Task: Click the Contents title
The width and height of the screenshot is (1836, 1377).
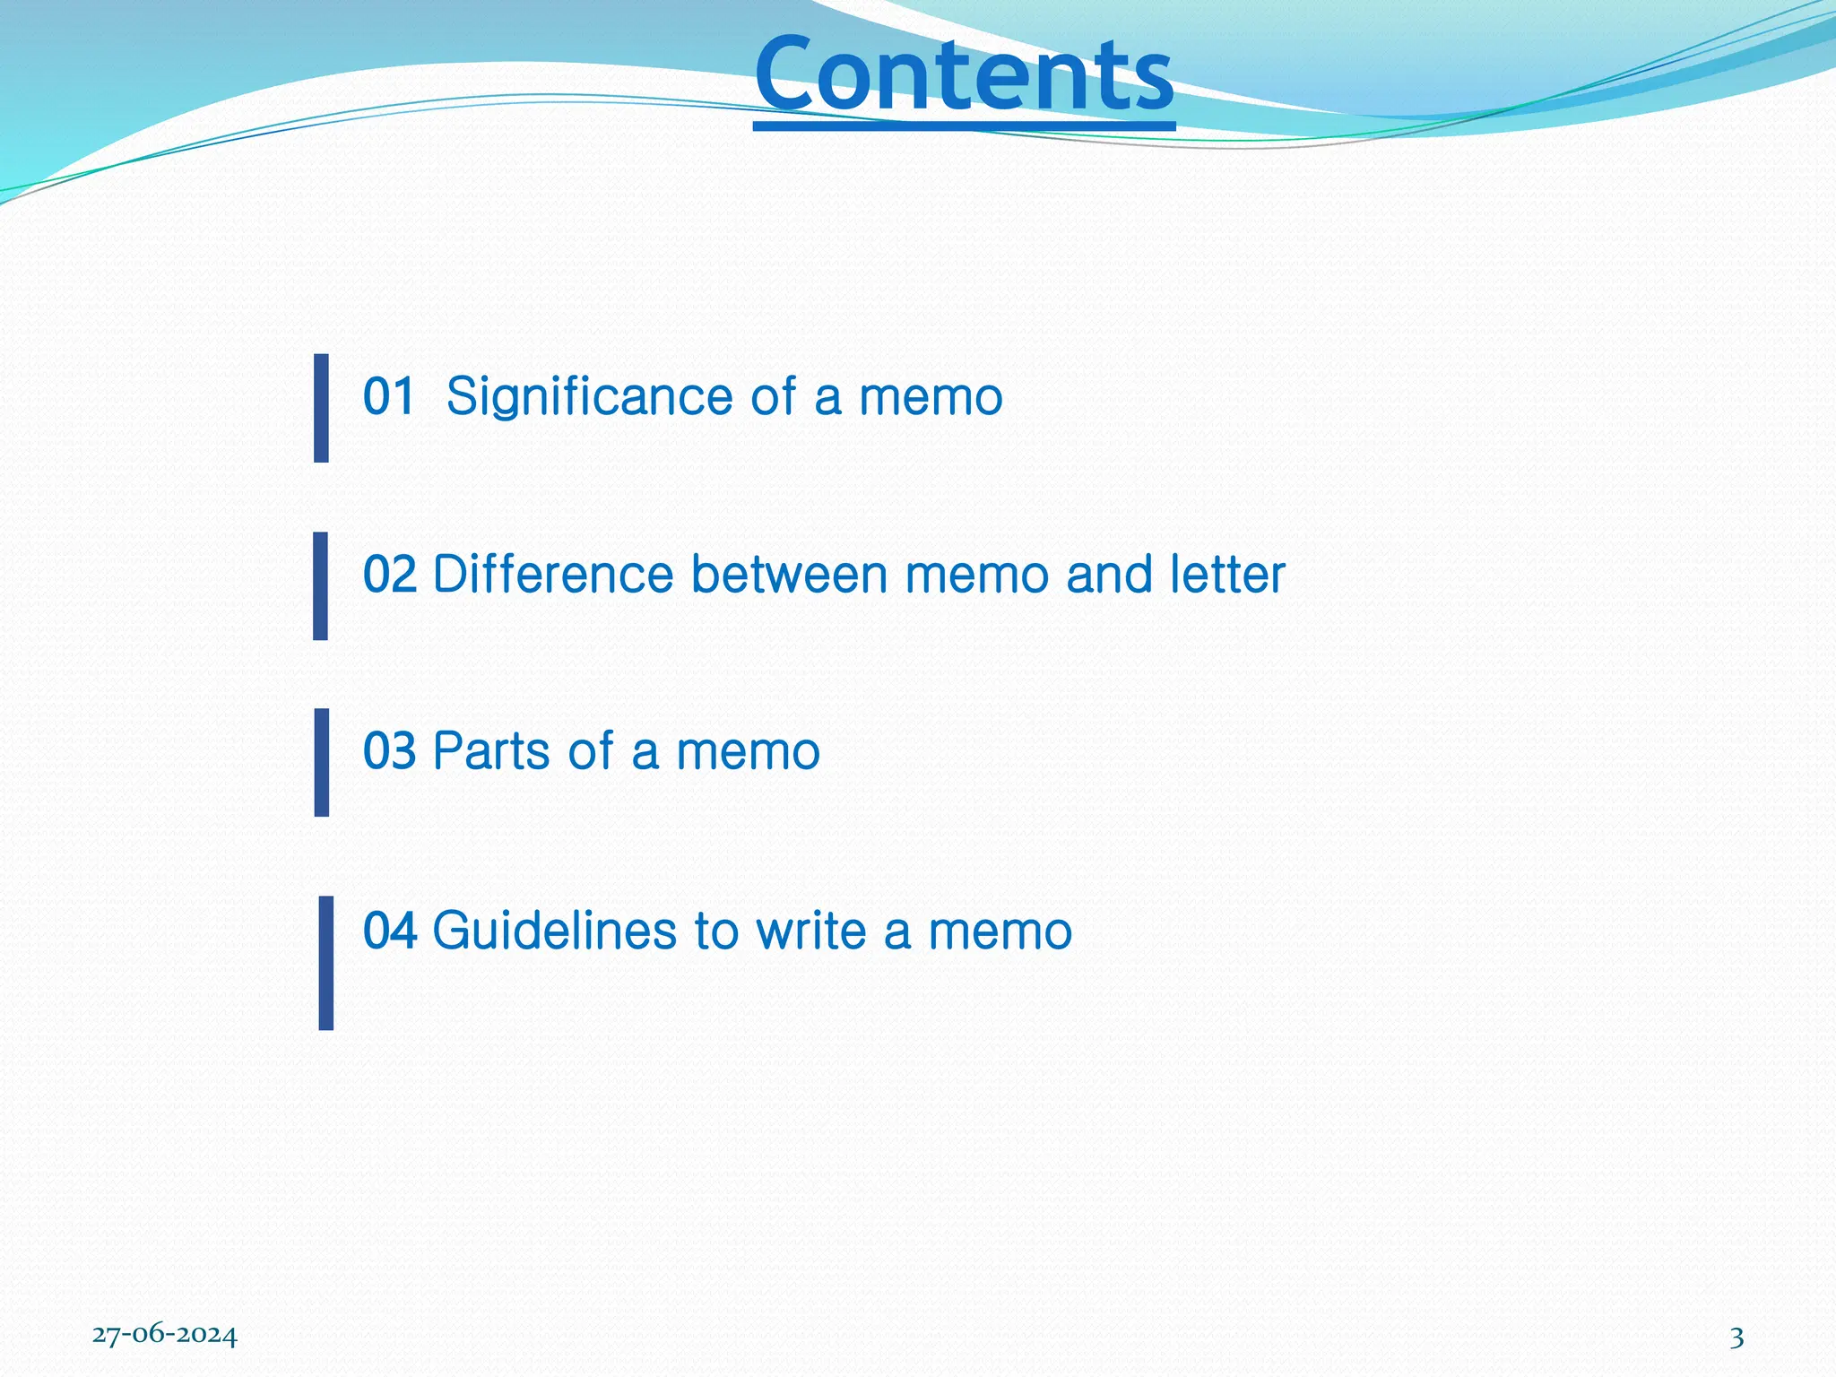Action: pyautogui.click(x=964, y=75)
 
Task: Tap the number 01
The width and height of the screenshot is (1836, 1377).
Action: pyautogui.click(x=389, y=396)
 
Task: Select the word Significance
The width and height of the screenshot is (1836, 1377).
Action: pyautogui.click(x=589, y=397)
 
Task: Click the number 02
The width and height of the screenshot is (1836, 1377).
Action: pyautogui.click(x=389, y=574)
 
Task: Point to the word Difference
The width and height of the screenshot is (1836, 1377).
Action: pyautogui.click(x=552, y=574)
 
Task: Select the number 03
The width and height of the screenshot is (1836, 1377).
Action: pyautogui.click(x=389, y=750)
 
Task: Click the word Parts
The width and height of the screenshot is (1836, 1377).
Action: pyautogui.click(x=491, y=750)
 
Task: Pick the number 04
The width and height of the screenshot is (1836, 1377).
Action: pyautogui.click(x=389, y=930)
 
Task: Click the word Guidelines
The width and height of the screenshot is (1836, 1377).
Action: pyautogui.click(x=554, y=931)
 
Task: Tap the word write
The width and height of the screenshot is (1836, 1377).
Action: pyautogui.click(x=810, y=930)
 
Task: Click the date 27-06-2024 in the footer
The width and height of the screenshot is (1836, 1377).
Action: pyautogui.click(x=165, y=1336)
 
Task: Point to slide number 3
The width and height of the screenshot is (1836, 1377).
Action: pyautogui.click(x=1736, y=1338)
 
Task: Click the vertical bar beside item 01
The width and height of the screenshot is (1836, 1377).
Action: pyautogui.click(x=321, y=408)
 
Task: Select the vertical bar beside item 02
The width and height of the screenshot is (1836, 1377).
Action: pyautogui.click(x=320, y=585)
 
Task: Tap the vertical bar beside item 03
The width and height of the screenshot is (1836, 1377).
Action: pyautogui.click(x=321, y=762)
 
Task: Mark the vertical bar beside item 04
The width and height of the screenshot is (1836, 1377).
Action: pyautogui.click(x=325, y=963)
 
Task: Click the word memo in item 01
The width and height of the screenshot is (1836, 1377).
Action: pyautogui.click(x=931, y=397)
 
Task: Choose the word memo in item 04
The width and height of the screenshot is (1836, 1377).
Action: pyautogui.click(x=1000, y=931)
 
